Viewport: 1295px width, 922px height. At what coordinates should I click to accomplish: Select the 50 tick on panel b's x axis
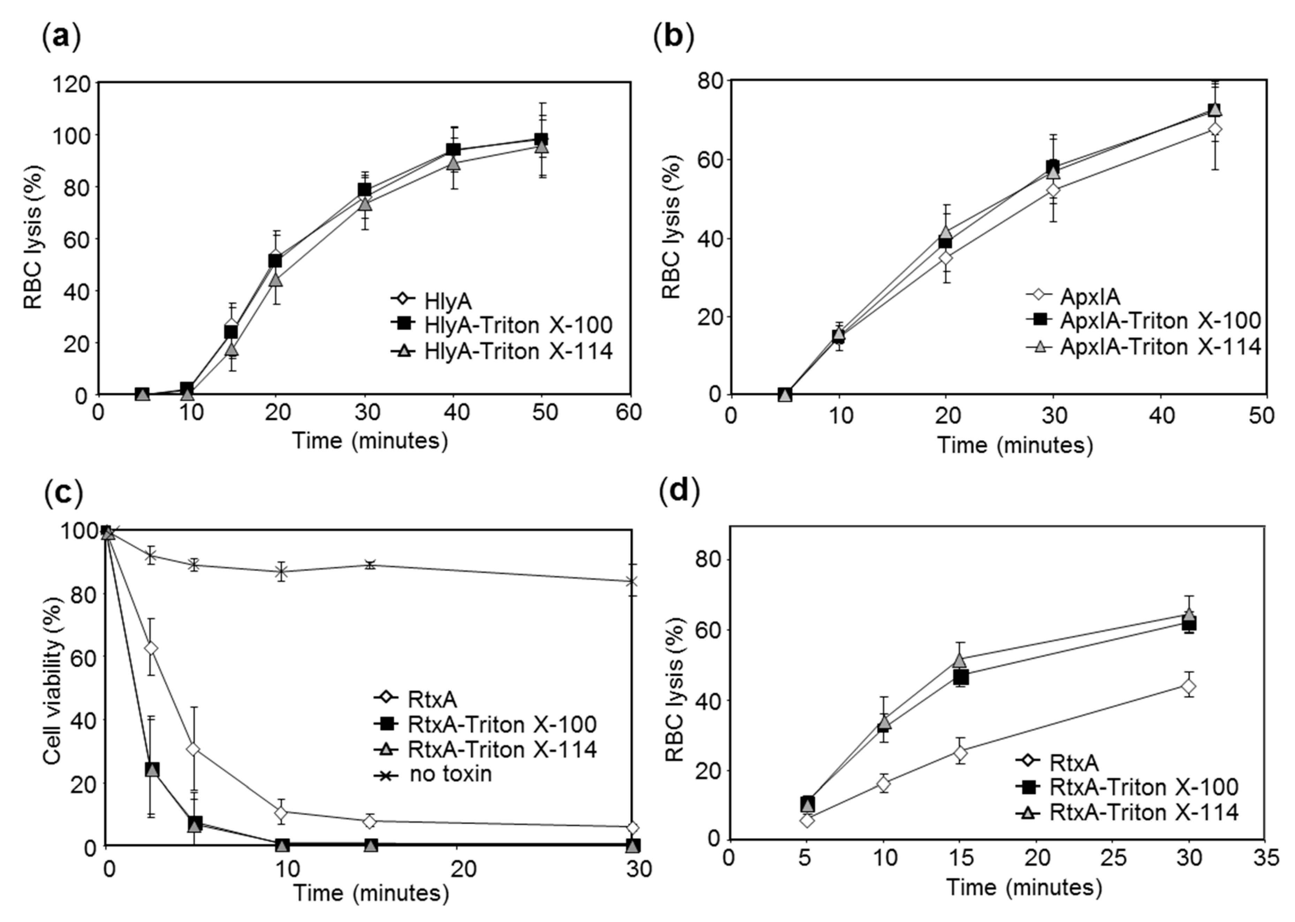[x=1262, y=416]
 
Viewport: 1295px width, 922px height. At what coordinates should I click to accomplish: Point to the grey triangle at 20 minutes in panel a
[x=275, y=280]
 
